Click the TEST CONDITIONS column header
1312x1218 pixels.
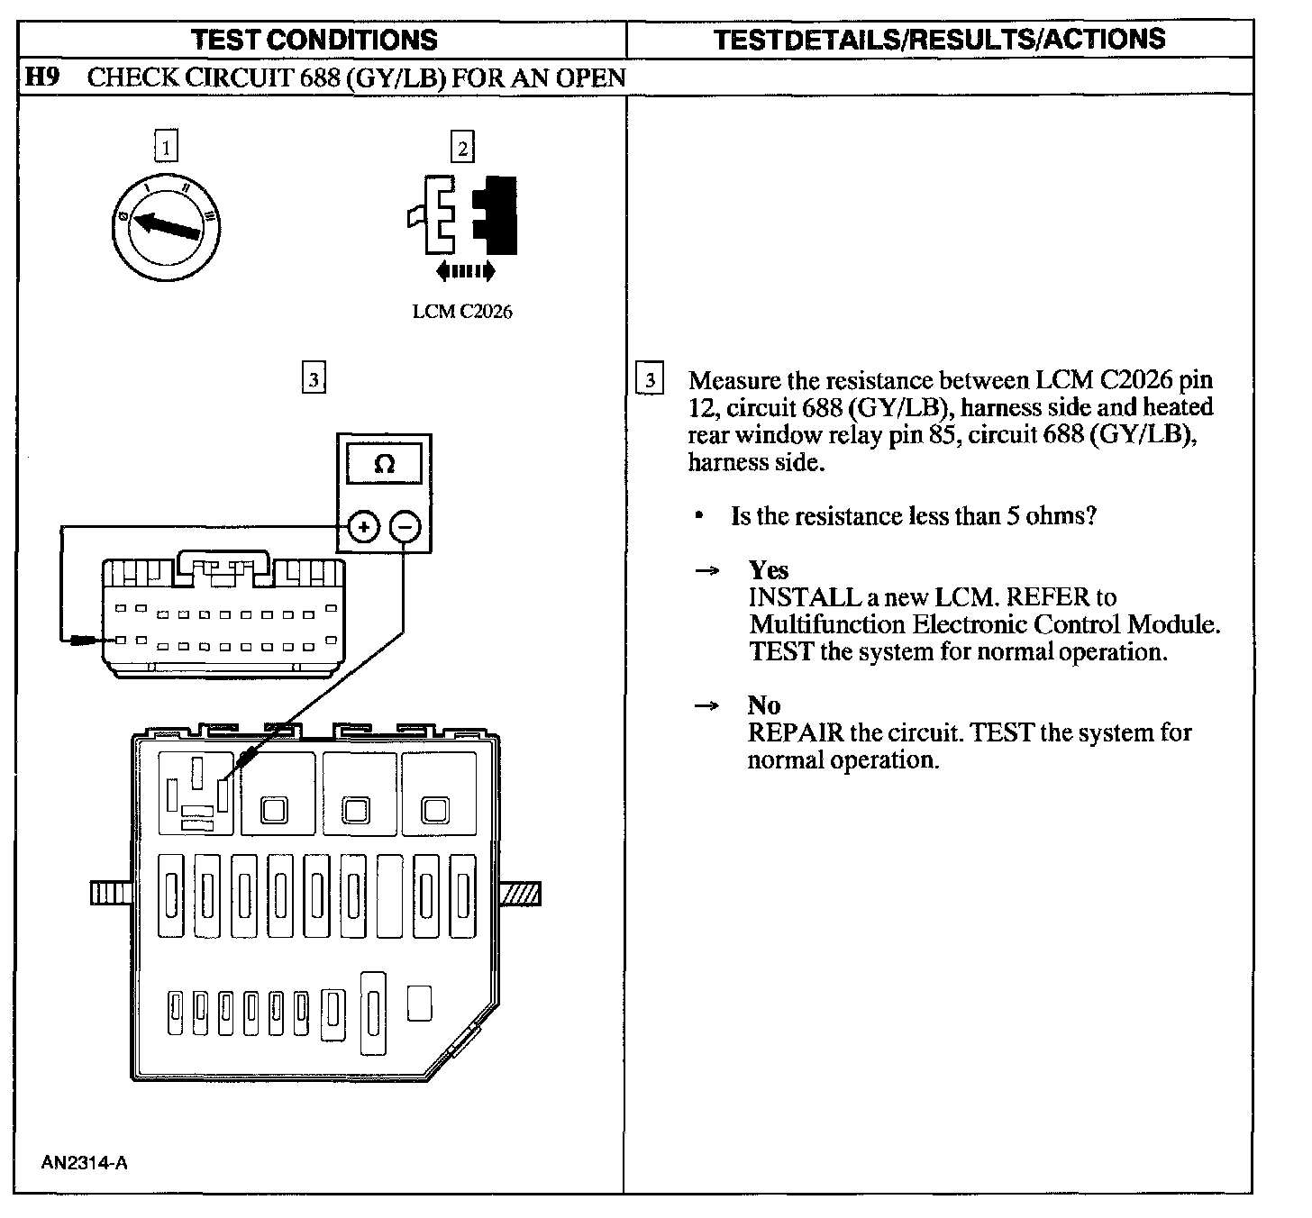coord(314,40)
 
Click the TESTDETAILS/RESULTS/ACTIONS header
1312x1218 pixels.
coord(939,39)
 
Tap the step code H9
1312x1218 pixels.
coord(41,77)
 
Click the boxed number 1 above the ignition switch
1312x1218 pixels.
coord(167,146)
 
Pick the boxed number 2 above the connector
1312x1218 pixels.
coord(462,147)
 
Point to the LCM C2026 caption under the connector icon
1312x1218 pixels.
coord(462,312)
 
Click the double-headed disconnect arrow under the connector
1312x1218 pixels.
coord(464,270)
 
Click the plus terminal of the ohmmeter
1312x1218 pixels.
coord(363,527)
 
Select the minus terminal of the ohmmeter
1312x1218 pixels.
coord(405,527)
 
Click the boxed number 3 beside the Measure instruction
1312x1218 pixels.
coord(649,379)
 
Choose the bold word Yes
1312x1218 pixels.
coord(768,570)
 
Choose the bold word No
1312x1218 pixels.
coord(763,705)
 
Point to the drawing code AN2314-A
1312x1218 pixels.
coord(84,1162)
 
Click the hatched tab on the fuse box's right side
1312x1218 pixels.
coord(520,893)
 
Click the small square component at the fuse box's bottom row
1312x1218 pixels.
coord(419,1004)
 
